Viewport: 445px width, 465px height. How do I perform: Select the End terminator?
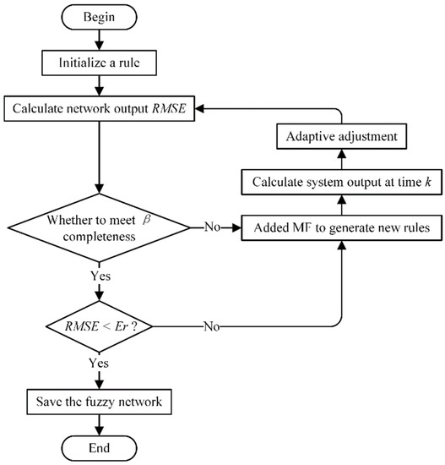pyautogui.click(x=100, y=447)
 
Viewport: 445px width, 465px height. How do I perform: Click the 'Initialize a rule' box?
pyautogui.click(x=100, y=63)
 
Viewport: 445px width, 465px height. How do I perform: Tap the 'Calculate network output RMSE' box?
pyautogui.click(x=100, y=109)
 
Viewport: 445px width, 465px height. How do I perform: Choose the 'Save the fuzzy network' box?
pyautogui.click(x=100, y=400)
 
